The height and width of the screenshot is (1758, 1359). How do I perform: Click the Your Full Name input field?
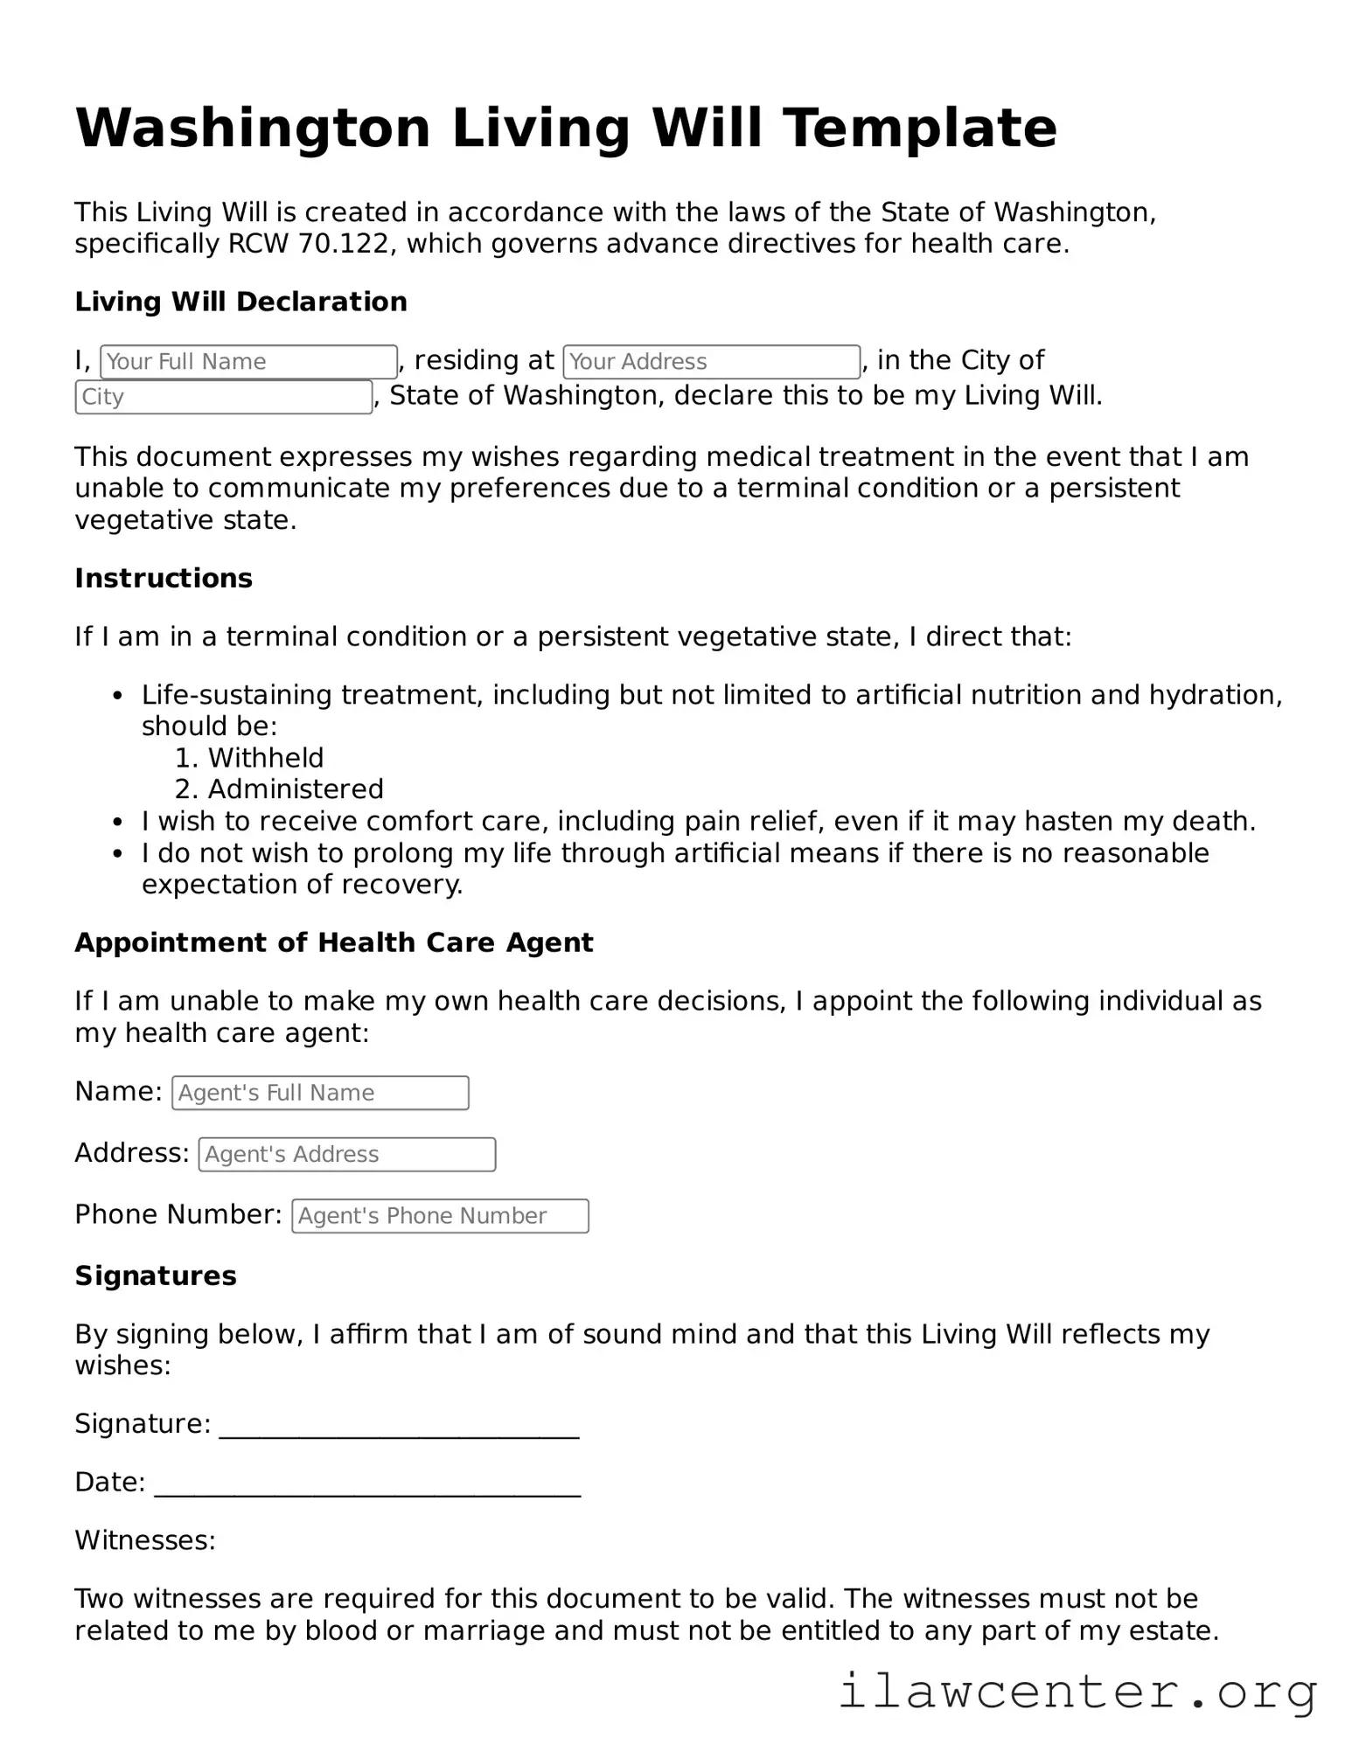(248, 362)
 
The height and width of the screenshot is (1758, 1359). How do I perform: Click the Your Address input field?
(711, 362)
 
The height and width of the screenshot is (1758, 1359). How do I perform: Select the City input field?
(224, 397)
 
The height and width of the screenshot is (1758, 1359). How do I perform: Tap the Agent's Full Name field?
(320, 1093)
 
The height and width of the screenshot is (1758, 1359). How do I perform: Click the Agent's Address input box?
(347, 1155)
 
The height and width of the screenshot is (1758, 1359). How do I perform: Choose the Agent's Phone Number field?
(440, 1216)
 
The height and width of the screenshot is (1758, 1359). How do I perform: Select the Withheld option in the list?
(265, 758)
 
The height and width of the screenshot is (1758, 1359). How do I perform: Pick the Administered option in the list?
(296, 789)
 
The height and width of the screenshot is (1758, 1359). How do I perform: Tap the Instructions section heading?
(164, 578)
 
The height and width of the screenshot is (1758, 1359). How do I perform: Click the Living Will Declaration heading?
(240, 302)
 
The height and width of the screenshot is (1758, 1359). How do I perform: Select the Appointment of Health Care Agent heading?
(334, 942)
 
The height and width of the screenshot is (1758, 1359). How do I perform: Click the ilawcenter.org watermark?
(1077, 1692)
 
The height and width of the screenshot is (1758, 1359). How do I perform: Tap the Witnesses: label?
(145, 1539)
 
